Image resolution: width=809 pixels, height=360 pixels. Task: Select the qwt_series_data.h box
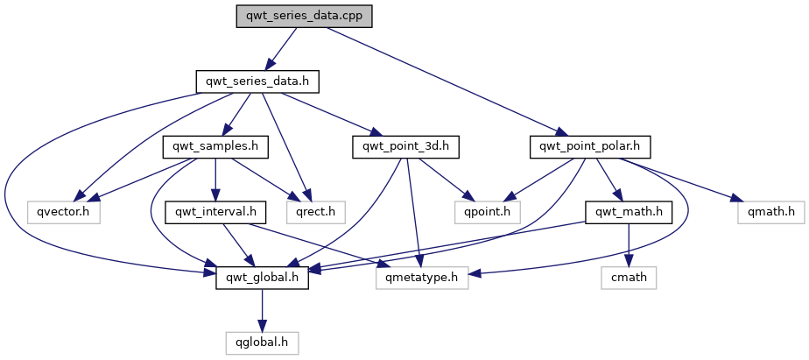coord(257,81)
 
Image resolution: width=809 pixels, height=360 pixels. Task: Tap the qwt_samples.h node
coord(215,146)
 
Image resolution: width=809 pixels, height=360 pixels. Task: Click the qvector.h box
coord(63,211)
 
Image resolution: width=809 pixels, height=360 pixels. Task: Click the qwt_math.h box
coord(628,211)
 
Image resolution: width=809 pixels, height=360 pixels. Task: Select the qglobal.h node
coord(261,341)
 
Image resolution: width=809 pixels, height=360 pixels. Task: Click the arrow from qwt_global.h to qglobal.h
coord(261,308)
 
